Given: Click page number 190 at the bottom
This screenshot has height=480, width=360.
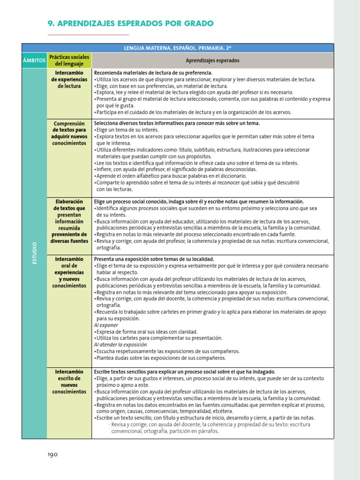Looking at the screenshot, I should [x=52, y=454].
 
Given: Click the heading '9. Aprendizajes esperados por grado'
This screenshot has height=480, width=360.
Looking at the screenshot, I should [x=131, y=23].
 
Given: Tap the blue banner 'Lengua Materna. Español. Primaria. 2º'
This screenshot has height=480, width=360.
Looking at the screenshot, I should [x=178, y=48].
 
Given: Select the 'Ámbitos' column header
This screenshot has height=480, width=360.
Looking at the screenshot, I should [x=34, y=60].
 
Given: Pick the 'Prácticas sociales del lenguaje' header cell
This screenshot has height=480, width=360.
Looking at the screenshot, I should [x=69, y=60].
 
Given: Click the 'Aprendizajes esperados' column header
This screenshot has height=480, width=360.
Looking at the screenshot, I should [x=212, y=60].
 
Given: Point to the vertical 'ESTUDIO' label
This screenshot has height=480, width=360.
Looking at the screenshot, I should [x=34, y=253].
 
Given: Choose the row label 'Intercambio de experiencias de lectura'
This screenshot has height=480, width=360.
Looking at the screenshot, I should [x=69, y=80].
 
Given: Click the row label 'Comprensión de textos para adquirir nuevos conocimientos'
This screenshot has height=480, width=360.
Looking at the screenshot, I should [x=69, y=133].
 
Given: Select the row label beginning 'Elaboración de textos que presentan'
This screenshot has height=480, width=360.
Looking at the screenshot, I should [x=69, y=221].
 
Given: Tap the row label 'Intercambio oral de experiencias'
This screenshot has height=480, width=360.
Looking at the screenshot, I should [x=69, y=272].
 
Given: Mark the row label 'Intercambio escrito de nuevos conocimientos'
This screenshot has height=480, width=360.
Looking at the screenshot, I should [x=69, y=382].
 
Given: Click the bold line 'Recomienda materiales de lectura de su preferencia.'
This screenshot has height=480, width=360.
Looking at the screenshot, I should [x=153, y=73].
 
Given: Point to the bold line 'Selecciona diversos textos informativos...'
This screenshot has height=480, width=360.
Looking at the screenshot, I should [x=177, y=123].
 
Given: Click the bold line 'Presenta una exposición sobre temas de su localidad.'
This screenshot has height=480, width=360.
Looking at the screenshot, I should [x=154, y=259].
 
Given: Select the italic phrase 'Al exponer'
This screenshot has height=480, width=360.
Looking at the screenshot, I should [x=106, y=325].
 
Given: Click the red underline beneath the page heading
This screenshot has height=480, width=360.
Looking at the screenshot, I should [x=88, y=35].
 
